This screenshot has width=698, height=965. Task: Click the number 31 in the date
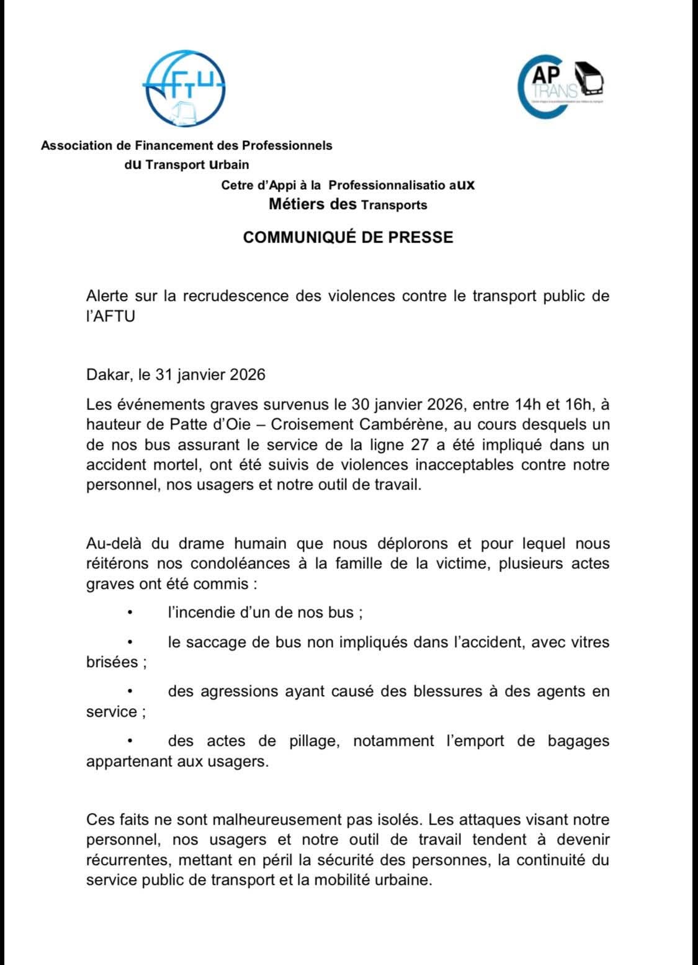[166, 375]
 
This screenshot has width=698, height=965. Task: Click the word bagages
[578, 741]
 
